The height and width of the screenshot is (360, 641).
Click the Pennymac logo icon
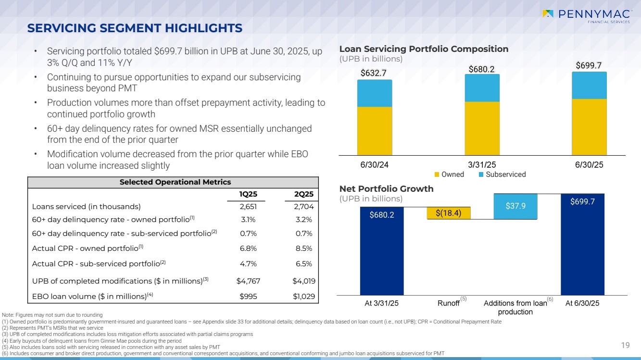[x=548, y=14]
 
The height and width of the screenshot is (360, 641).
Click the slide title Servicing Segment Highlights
[x=135, y=28]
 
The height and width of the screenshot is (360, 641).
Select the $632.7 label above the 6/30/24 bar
[x=374, y=73]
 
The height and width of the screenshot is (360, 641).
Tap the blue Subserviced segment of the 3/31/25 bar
[x=482, y=88]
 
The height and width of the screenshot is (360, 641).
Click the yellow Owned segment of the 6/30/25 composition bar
[x=589, y=126]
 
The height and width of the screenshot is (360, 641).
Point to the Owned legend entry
[x=449, y=174]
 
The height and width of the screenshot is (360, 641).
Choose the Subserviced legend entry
[x=502, y=174]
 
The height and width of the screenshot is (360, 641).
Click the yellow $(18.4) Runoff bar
[x=449, y=213]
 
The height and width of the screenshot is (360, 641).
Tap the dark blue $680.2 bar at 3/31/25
[x=382, y=250]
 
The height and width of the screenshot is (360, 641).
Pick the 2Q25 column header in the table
[x=303, y=194]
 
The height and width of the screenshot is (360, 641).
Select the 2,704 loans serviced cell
[x=303, y=207]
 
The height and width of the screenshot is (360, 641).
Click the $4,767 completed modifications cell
[x=248, y=280]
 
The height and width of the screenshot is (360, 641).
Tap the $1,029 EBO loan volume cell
[x=303, y=296]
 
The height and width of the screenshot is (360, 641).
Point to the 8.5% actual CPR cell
[x=303, y=248]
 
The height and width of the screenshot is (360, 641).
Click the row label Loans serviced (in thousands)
[x=86, y=207]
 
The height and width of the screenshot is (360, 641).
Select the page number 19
[x=625, y=345]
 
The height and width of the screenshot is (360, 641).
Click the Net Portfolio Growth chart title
[x=387, y=189]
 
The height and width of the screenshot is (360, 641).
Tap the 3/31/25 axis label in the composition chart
[x=482, y=164]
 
